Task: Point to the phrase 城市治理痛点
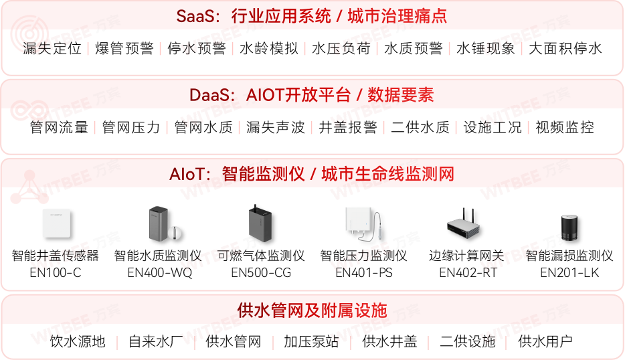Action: coord(397,15)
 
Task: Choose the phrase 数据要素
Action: coord(401,95)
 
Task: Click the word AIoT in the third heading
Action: coord(190,175)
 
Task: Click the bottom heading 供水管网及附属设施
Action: coord(312,310)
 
